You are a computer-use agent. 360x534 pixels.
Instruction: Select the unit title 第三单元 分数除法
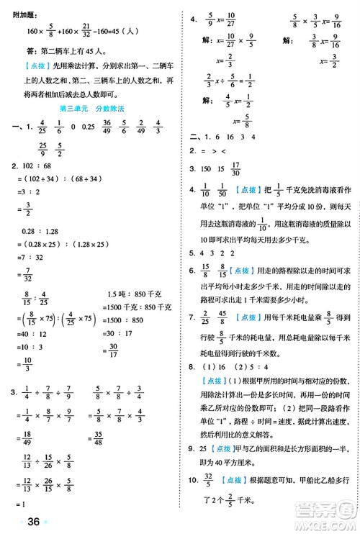(x=91, y=107)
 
